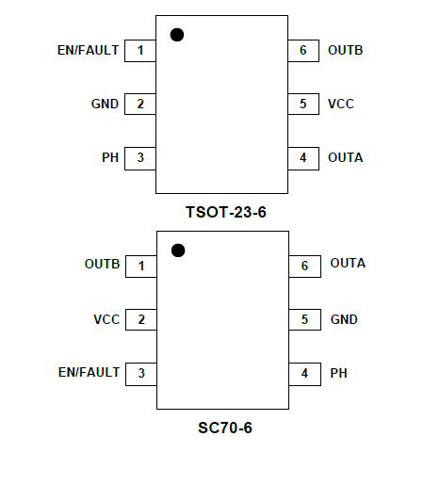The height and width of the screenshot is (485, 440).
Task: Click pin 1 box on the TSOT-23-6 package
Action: point(140,51)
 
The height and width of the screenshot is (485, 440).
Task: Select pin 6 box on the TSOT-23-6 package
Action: point(303,51)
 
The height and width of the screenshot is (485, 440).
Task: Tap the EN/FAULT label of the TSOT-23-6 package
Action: point(88,50)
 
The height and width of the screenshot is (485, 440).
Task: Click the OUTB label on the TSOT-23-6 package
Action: point(346,50)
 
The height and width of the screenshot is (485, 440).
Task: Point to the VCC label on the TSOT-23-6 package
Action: point(341,104)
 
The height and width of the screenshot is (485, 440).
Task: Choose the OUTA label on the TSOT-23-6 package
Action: point(346,157)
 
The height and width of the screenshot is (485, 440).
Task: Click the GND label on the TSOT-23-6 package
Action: point(105,104)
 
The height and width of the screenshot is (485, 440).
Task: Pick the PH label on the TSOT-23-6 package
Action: point(110,157)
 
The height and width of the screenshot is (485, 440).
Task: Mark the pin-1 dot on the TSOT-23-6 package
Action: point(177,35)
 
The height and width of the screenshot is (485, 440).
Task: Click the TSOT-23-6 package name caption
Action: point(226,212)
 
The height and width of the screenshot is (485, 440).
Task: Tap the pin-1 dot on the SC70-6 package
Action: point(178,251)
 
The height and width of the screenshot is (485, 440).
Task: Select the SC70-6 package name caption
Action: point(225,428)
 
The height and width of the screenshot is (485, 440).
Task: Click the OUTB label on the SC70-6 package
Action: point(102,264)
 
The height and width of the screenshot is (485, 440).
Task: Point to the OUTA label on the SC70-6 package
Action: point(348,263)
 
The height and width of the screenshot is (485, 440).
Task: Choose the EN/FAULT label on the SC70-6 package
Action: point(89,372)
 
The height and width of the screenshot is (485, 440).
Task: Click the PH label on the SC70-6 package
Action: point(338,373)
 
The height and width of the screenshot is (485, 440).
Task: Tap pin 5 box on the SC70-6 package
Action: point(304,319)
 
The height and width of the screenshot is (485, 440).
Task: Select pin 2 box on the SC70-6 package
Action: point(141,319)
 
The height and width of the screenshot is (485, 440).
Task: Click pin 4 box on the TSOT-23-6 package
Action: point(303,158)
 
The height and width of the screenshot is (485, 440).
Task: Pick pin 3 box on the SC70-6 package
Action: point(141,374)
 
